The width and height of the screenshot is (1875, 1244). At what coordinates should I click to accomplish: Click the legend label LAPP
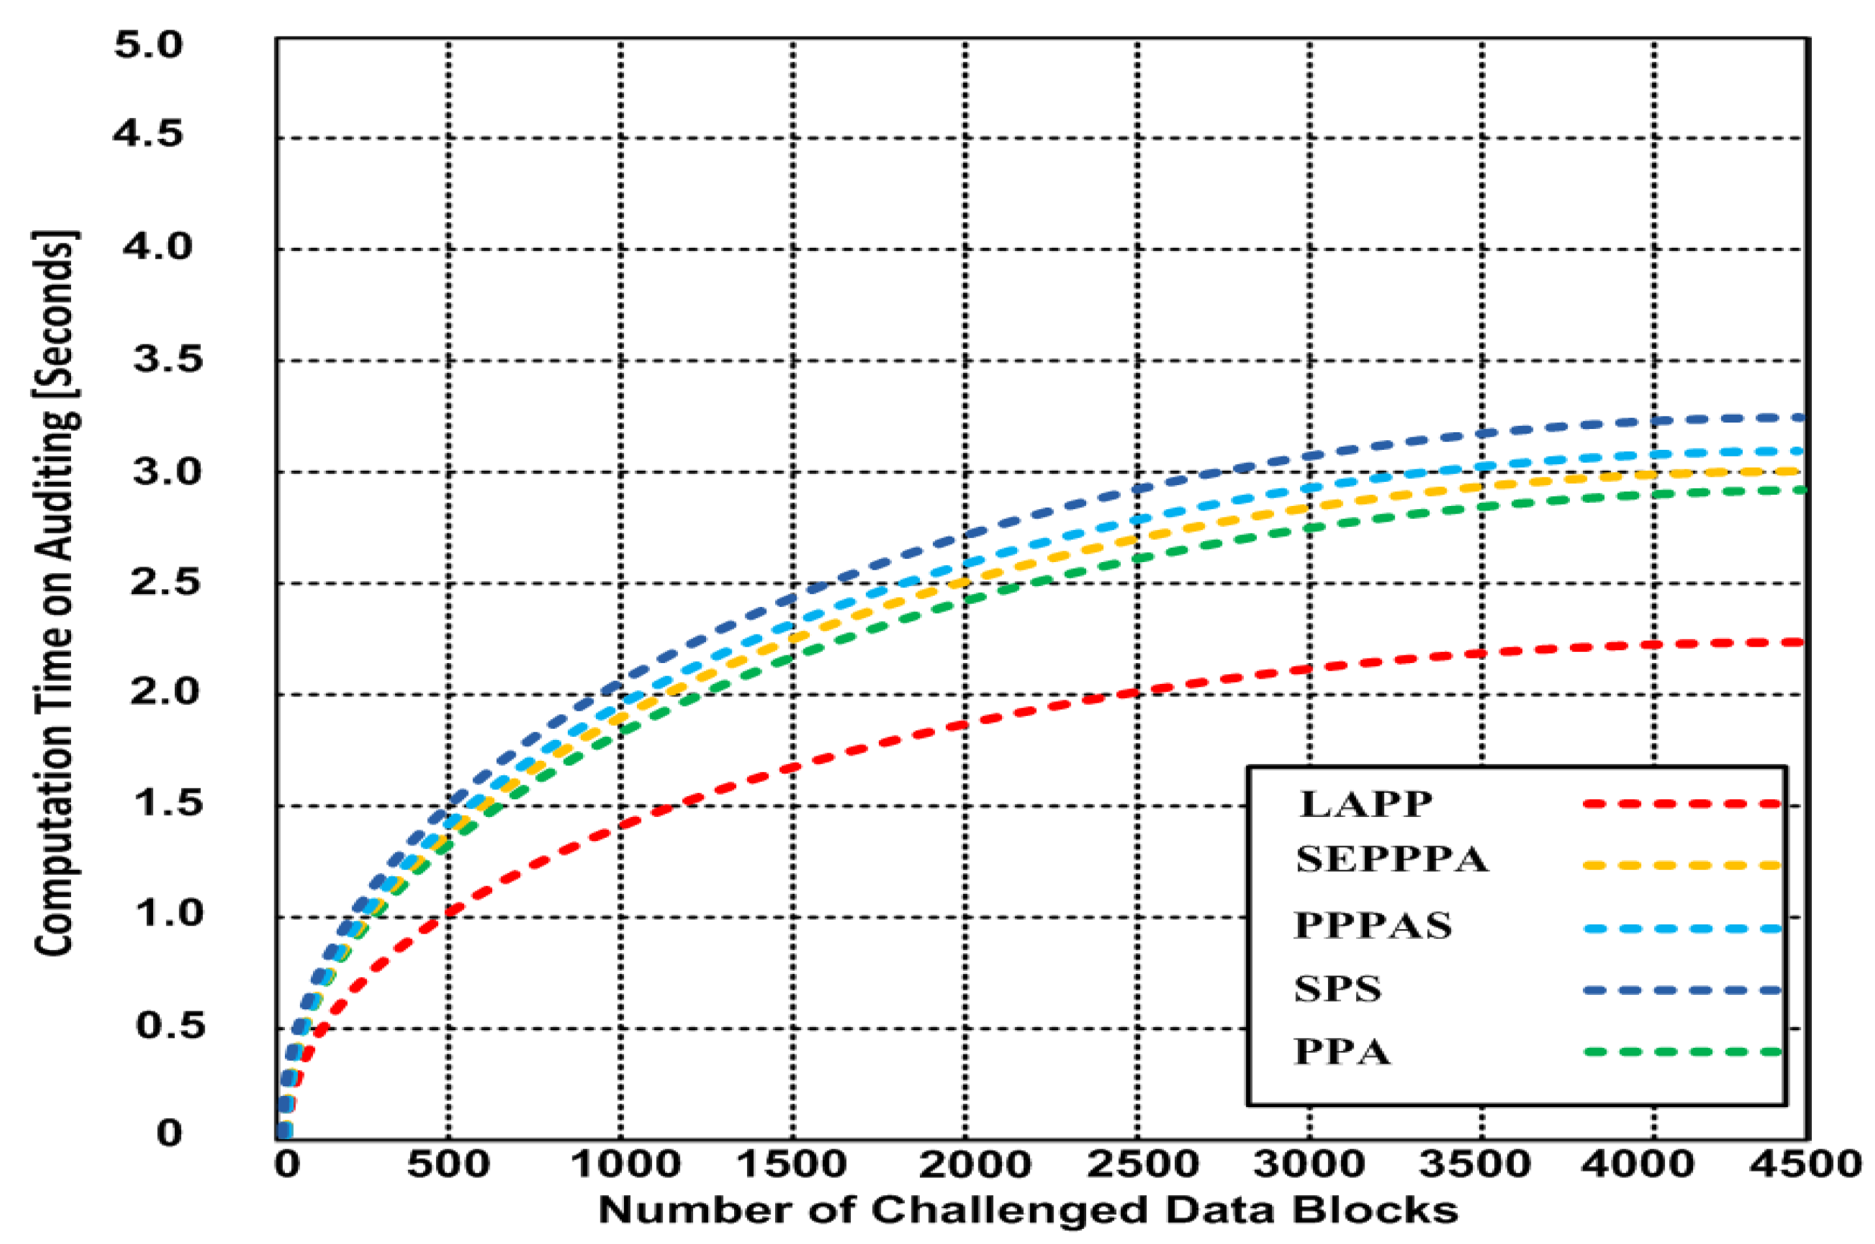click(1365, 805)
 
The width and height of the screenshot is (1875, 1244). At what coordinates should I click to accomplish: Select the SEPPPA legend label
click(1391, 860)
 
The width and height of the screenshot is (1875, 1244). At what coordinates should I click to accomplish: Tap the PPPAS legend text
click(1372, 926)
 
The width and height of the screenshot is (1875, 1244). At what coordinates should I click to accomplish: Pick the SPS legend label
click(1337, 989)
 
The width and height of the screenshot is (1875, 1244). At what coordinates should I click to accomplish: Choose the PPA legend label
click(1342, 1052)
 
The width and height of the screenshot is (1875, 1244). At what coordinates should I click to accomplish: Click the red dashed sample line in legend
click(1681, 804)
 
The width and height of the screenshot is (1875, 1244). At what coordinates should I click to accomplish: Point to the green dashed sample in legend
click(1681, 1052)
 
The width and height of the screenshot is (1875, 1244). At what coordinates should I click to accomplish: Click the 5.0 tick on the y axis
click(149, 44)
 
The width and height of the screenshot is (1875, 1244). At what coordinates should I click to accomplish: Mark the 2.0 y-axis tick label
click(165, 692)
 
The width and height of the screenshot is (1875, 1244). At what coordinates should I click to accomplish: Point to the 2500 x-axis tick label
click(1142, 1164)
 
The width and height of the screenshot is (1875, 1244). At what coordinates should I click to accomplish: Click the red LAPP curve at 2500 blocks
click(1138, 692)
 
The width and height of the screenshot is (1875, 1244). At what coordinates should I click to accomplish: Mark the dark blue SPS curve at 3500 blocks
click(1482, 433)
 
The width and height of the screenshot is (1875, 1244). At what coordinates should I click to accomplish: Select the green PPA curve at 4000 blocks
click(1654, 494)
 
